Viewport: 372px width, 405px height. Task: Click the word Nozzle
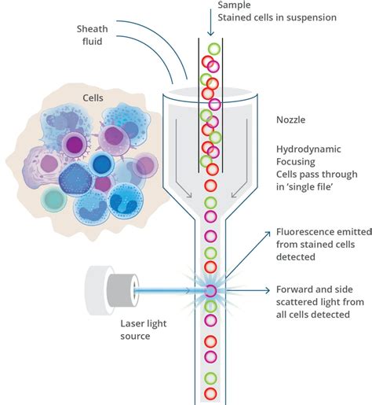click(291, 120)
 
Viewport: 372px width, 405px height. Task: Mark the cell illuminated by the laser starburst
click(210, 291)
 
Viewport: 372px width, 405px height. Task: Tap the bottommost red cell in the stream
click(210, 391)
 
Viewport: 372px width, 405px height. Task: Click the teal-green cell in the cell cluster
click(54, 197)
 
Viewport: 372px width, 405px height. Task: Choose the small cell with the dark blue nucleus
click(101, 165)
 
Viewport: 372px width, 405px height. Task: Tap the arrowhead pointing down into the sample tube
click(210, 32)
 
